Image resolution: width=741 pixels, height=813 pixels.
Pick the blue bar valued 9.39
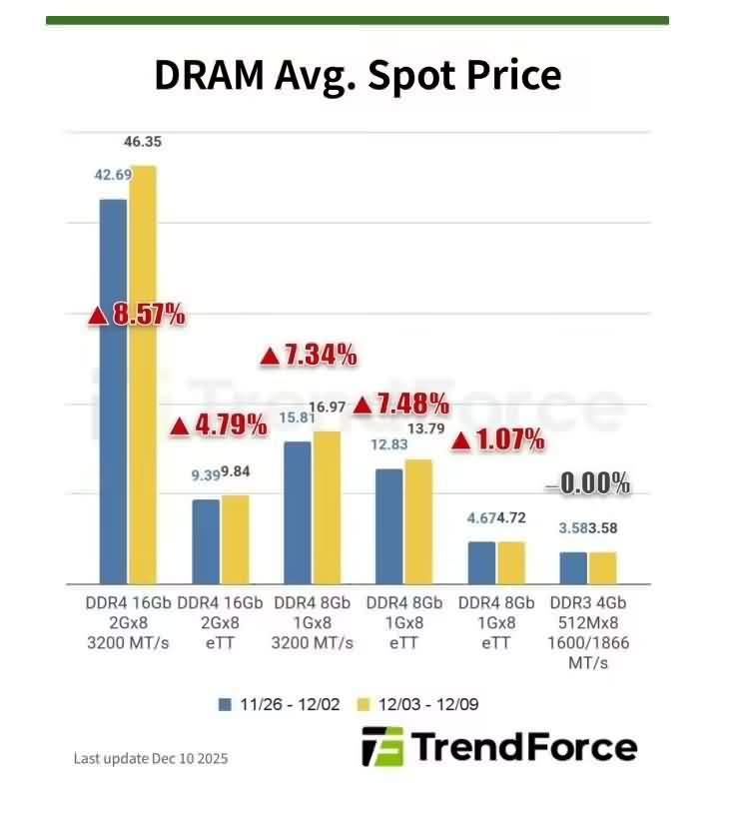tap(206, 541)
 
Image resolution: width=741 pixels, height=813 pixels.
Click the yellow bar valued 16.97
tap(327, 507)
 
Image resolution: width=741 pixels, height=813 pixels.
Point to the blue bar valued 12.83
tap(389, 526)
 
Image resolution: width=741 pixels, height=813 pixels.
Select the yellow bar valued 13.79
tap(418, 521)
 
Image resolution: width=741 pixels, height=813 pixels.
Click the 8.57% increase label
tap(137, 315)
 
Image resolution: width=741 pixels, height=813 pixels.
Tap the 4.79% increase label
tap(219, 425)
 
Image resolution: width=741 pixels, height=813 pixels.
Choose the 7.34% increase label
tap(309, 355)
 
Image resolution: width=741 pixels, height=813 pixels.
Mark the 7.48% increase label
tap(400, 405)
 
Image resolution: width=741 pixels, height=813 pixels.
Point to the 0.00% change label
tap(588, 485)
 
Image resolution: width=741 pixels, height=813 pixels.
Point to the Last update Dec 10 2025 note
tap(151, 759)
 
